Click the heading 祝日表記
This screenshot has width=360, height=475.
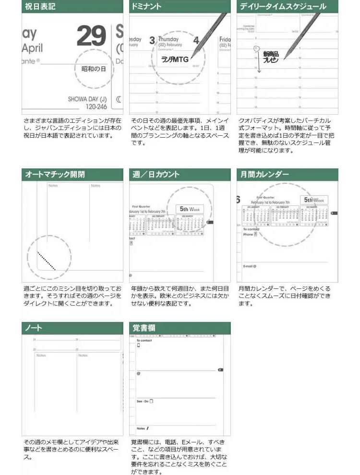(40, 7)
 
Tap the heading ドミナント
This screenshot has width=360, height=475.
(147, 7)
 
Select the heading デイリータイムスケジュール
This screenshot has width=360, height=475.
(283, 7)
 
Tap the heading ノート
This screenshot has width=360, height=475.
(34, 328)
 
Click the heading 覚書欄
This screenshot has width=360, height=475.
(144, 328)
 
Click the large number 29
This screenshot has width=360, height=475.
(91, 36)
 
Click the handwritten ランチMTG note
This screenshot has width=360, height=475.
(176, 59)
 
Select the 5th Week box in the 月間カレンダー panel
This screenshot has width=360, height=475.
(314, 200)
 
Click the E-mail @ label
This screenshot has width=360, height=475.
(250, 266)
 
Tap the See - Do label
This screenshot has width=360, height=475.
(144, 401)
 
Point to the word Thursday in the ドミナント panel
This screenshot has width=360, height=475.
(168, 39)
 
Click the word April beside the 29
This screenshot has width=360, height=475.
(32, 48)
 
